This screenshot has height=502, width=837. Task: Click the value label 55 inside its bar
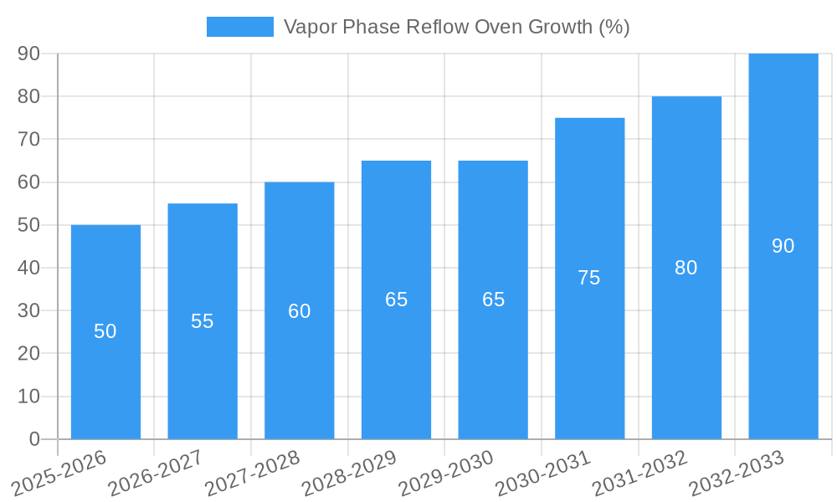click(203, 321)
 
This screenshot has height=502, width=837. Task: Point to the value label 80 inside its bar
click(686, 268)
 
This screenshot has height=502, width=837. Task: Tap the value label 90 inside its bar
click(783, 246)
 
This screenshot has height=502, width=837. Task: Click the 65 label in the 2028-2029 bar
click(397, 300)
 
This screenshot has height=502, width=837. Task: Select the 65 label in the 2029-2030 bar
click(494, 300)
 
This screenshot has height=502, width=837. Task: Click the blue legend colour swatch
click(240, 27)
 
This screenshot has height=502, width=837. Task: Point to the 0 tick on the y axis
click(34, 439)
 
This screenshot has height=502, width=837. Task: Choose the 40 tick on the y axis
click(29, 268)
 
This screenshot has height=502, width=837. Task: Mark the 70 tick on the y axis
click(29, 139)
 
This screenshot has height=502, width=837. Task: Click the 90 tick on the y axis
click(29, 54)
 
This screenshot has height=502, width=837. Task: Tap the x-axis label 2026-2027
click(156, 474)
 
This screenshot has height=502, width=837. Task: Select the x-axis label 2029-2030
click(446, 474)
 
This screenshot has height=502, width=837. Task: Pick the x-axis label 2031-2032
click(640, 474)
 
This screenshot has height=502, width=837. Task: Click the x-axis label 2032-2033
click(737, 474)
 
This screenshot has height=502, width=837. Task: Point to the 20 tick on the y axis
click(29, 353)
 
